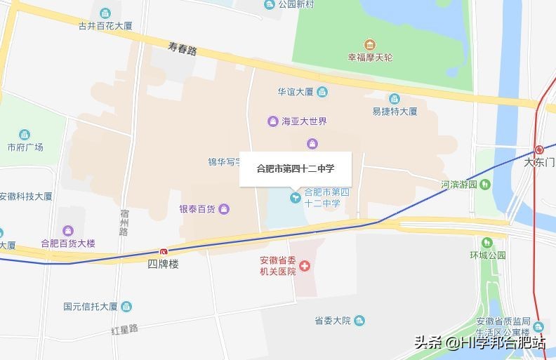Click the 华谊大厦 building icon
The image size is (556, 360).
322,92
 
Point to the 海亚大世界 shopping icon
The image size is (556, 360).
272,121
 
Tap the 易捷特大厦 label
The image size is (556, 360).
395,111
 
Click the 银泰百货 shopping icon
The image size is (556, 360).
223,208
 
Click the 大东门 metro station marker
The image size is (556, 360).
539,149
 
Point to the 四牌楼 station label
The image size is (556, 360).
163,264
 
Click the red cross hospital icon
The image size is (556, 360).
305,266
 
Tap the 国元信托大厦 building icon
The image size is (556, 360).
126,306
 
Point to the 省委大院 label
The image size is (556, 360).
332,321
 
